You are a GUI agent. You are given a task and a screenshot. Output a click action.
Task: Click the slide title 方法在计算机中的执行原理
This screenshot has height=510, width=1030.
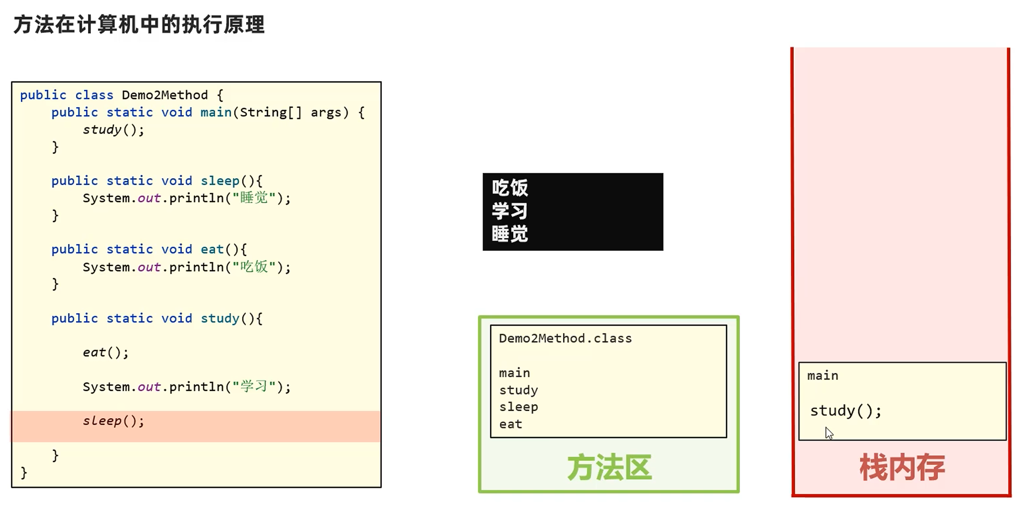click(139, 25)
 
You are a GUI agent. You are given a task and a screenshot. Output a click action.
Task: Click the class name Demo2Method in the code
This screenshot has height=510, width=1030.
click(164, 95)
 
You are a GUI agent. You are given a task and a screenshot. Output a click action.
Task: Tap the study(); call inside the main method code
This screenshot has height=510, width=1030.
click(113, 130)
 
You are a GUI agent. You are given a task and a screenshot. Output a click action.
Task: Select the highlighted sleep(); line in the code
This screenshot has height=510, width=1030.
click(113, 421)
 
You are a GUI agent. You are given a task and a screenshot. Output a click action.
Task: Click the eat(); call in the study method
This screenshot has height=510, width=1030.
click(105, 353)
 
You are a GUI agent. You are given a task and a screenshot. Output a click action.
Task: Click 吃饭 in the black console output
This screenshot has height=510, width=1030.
click(510, 188)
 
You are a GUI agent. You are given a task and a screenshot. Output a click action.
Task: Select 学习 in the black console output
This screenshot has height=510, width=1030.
click(510, 211)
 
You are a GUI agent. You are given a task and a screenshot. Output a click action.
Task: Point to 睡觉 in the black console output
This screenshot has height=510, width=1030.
click(510, 234)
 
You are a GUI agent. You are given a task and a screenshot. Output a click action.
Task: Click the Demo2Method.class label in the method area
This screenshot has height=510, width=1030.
click(565, 338)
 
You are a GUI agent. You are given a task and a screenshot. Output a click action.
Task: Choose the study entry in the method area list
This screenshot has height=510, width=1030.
click(518, 390)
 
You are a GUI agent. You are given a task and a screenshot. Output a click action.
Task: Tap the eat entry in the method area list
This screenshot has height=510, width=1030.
click(510, 424)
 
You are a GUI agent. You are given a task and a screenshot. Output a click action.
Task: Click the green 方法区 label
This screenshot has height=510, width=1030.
click(609, 468)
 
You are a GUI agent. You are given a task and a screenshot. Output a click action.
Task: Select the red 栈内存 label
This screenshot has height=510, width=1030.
click(902, 468)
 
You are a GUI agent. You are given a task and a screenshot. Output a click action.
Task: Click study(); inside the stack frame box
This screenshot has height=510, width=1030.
click(845, 411)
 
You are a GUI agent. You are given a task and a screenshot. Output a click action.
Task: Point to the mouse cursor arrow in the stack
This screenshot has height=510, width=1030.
click(829, 433)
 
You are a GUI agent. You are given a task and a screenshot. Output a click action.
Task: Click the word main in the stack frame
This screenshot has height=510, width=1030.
click(822, 376)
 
